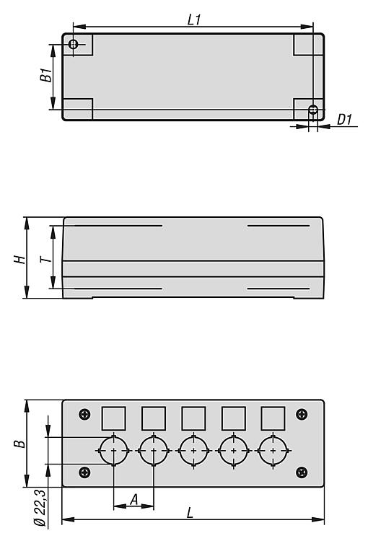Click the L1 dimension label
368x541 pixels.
194,19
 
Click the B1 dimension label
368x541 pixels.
46,75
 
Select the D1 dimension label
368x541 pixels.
344,119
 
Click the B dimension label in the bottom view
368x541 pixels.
19,444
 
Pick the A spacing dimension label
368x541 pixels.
134,499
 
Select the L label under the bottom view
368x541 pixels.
190,513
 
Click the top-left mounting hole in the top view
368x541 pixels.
73,44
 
